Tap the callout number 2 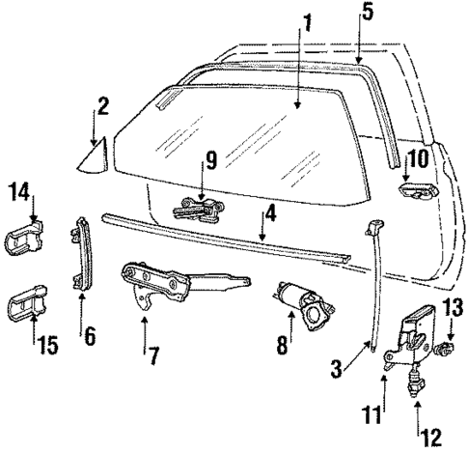(101, 104)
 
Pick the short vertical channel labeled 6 (82, 254)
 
